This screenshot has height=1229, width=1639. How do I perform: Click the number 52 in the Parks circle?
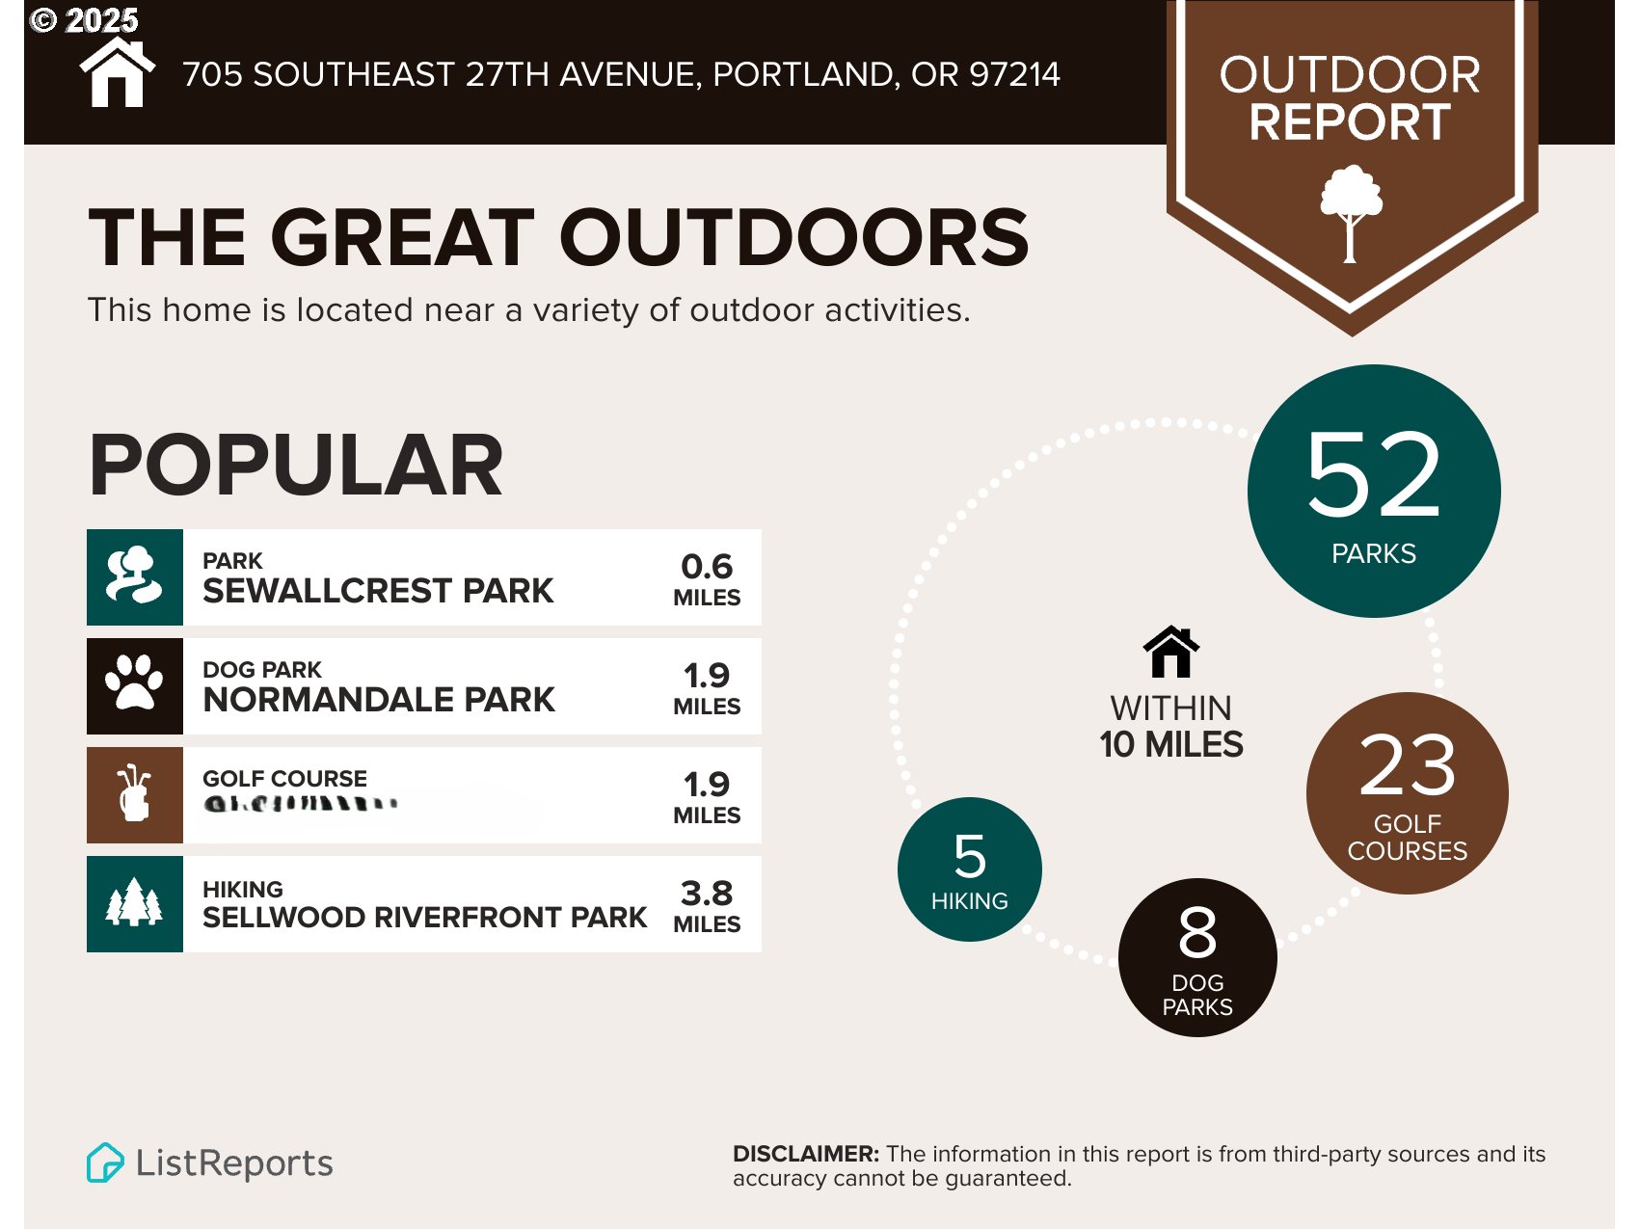click(1373, 474)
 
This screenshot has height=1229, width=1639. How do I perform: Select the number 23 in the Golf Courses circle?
click(1407, 765)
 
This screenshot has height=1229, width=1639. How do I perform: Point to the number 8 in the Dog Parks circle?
click(1197, 932)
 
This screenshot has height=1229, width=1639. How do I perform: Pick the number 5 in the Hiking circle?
click(969, 856)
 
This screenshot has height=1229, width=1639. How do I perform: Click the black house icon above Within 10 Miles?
click(1170, 653)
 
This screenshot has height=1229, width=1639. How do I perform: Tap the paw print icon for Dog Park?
click(134, 684)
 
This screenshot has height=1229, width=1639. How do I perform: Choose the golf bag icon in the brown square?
click(134, 793)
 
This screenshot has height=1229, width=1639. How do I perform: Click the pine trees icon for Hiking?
click(134, 903)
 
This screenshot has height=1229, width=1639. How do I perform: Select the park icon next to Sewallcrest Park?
click(134, 575)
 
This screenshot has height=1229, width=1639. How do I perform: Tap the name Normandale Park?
click(379, 700)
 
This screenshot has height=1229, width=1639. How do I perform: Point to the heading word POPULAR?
click(296, 467)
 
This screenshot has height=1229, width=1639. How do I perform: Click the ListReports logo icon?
click(105, 1162)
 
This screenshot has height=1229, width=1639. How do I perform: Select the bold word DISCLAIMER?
click(805, 1154)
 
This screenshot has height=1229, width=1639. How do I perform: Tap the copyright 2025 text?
click(85, 19)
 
